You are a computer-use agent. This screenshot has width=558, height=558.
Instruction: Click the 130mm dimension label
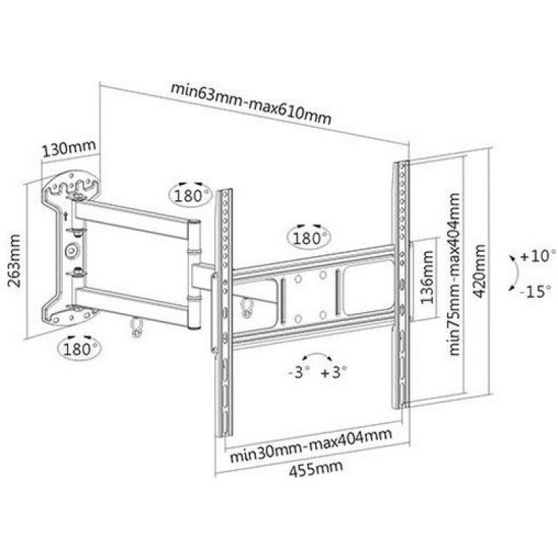(69, 148)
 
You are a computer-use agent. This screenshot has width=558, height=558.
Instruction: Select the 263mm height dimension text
(15, 260)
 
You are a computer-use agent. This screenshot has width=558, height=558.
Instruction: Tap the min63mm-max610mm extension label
(251, 103)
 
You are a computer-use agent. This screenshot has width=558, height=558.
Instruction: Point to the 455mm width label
(316, 469)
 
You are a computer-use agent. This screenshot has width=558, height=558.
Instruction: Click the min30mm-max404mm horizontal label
(311, 444)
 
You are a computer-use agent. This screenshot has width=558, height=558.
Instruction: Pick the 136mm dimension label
(428, 277)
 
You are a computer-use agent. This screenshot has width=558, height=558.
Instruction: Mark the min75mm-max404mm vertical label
(454, 274)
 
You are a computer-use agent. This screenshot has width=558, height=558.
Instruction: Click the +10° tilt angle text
(537, 255)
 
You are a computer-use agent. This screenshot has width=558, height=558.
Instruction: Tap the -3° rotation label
(299, 372)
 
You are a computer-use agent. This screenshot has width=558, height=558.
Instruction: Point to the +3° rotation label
(333, 372)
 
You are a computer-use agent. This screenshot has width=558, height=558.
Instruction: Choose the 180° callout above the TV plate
(308, 238)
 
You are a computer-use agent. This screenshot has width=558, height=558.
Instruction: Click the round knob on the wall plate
(73, 251)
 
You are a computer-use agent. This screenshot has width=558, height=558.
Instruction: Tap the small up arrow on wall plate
(66, 216)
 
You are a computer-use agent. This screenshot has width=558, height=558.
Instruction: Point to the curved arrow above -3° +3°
(317, 355)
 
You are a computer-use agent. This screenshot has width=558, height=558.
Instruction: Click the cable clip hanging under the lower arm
(136, 326)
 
